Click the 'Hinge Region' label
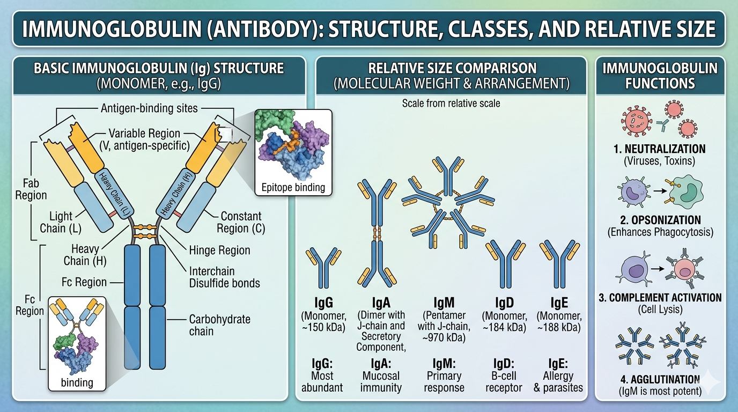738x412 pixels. click(x=219, y=250)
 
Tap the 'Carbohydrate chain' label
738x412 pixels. click(x=219, y=325)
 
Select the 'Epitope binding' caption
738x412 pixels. click(x=293, y=188)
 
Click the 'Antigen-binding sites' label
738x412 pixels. click(x=149, y=108)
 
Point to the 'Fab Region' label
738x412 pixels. click(x=31, y=189)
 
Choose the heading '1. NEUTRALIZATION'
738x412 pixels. click(x=659, y=149)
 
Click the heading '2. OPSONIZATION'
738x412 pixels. click(x=659, y=220)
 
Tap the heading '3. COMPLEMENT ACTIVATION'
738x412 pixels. click(x=660, y=297)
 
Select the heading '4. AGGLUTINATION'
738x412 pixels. click(x=659, y=379)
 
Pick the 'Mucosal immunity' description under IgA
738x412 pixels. click(x=380, y=381)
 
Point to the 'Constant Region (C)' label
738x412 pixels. click(x=241, y=222)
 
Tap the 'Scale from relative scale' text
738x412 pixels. click(x=451, y=103)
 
